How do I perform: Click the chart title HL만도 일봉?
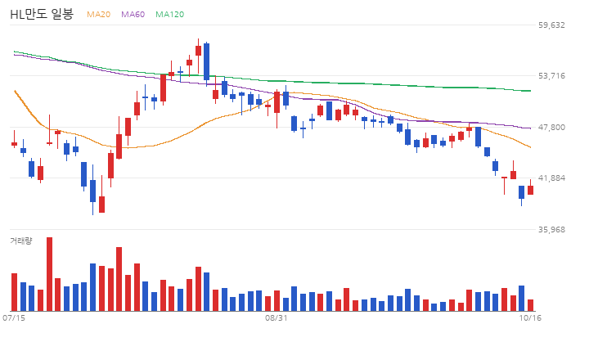point(42,14)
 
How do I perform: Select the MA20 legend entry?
point(98,14)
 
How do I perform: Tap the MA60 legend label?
point(133,14)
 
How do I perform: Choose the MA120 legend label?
point(170,14)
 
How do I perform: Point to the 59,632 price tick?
point(551,25)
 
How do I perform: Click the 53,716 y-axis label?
point(551,76)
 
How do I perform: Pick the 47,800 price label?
point(551,128)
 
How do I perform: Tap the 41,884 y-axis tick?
point(551,178)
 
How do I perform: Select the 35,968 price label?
point(551,229)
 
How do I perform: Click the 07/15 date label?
point(14,318)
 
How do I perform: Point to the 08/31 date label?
point(277,318)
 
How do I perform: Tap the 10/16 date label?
point(530,318)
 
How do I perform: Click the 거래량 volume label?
point(21,241)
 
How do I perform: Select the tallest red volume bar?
point(49,274)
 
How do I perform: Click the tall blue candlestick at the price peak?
point(207,61)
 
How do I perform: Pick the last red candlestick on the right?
point(530,190)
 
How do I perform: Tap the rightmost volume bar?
point(530,305)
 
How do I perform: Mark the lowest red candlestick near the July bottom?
point(101,204)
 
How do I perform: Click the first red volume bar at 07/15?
point(14,292)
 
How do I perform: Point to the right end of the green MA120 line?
point(530,91)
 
